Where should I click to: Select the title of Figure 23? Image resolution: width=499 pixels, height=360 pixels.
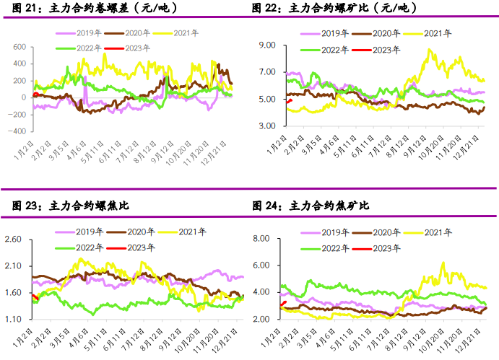(x=70, y=206)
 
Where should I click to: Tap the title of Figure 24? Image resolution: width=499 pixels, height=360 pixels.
(x=311, y=206)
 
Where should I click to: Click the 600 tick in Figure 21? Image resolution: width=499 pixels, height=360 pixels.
(x=19, y=46)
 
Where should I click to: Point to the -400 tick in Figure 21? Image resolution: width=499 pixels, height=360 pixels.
(x=17, y=132)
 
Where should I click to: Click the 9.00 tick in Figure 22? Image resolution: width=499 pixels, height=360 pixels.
(x=268, y=45)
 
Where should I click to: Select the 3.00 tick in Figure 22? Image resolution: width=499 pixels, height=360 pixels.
(x=268, y=126)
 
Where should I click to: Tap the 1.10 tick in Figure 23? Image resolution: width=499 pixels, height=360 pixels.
(x=14, y=320)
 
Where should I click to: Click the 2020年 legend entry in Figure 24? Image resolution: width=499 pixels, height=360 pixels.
(x=387, y=232)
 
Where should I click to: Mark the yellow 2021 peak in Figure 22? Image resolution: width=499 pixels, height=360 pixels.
(x=430, y=49)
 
